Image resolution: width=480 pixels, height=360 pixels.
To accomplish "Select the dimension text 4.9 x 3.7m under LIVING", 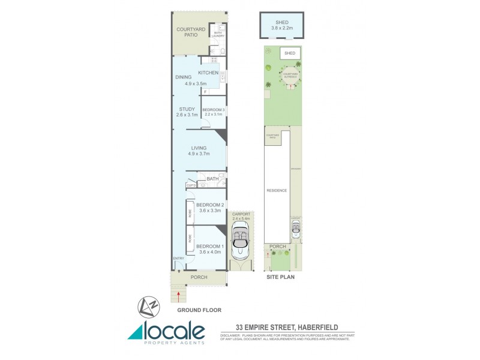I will (199, 154).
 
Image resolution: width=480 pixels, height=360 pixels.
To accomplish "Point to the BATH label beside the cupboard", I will (212, 179).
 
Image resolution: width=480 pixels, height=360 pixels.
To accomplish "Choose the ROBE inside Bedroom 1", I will (190, 238).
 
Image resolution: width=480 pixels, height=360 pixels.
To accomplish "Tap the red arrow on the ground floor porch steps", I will (178, 294).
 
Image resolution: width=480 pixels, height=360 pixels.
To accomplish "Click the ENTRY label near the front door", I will (178, 259).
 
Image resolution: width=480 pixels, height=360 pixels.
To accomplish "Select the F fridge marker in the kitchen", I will (205, 92).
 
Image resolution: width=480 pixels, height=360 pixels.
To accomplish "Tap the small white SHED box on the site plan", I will (290, 53).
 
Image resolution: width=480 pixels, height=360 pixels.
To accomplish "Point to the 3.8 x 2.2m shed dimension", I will (282, 28).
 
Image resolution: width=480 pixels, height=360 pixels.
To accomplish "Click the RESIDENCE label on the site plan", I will (277, 190).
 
